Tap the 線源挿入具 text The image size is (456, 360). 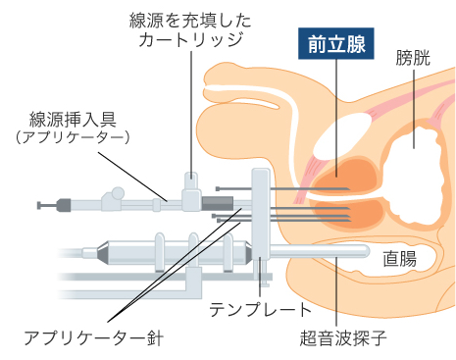click(x=74, y=120)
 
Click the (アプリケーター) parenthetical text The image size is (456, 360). click(x=74, y=139)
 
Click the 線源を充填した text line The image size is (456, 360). click(x=186, y=19)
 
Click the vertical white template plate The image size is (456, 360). click(x=261, y=211)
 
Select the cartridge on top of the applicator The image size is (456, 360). click(x=188, y=185)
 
